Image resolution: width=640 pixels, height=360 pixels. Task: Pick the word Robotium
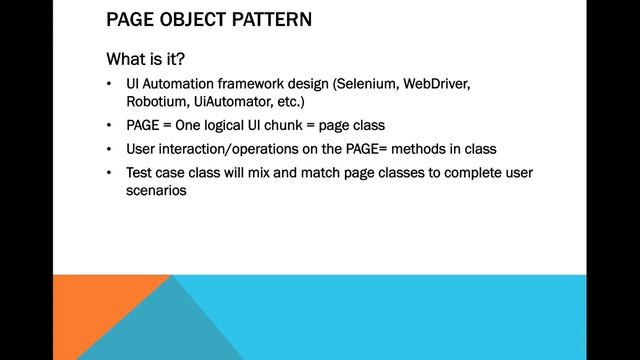click(x=156, y=102)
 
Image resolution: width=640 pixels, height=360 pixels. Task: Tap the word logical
click(x=232, y=126)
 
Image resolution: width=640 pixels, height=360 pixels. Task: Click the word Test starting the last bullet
click(x=139, y=173)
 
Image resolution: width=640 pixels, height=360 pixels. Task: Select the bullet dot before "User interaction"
click(x=110, y=150)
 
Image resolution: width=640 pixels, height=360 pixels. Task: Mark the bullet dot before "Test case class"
click(x=110, y=174)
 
